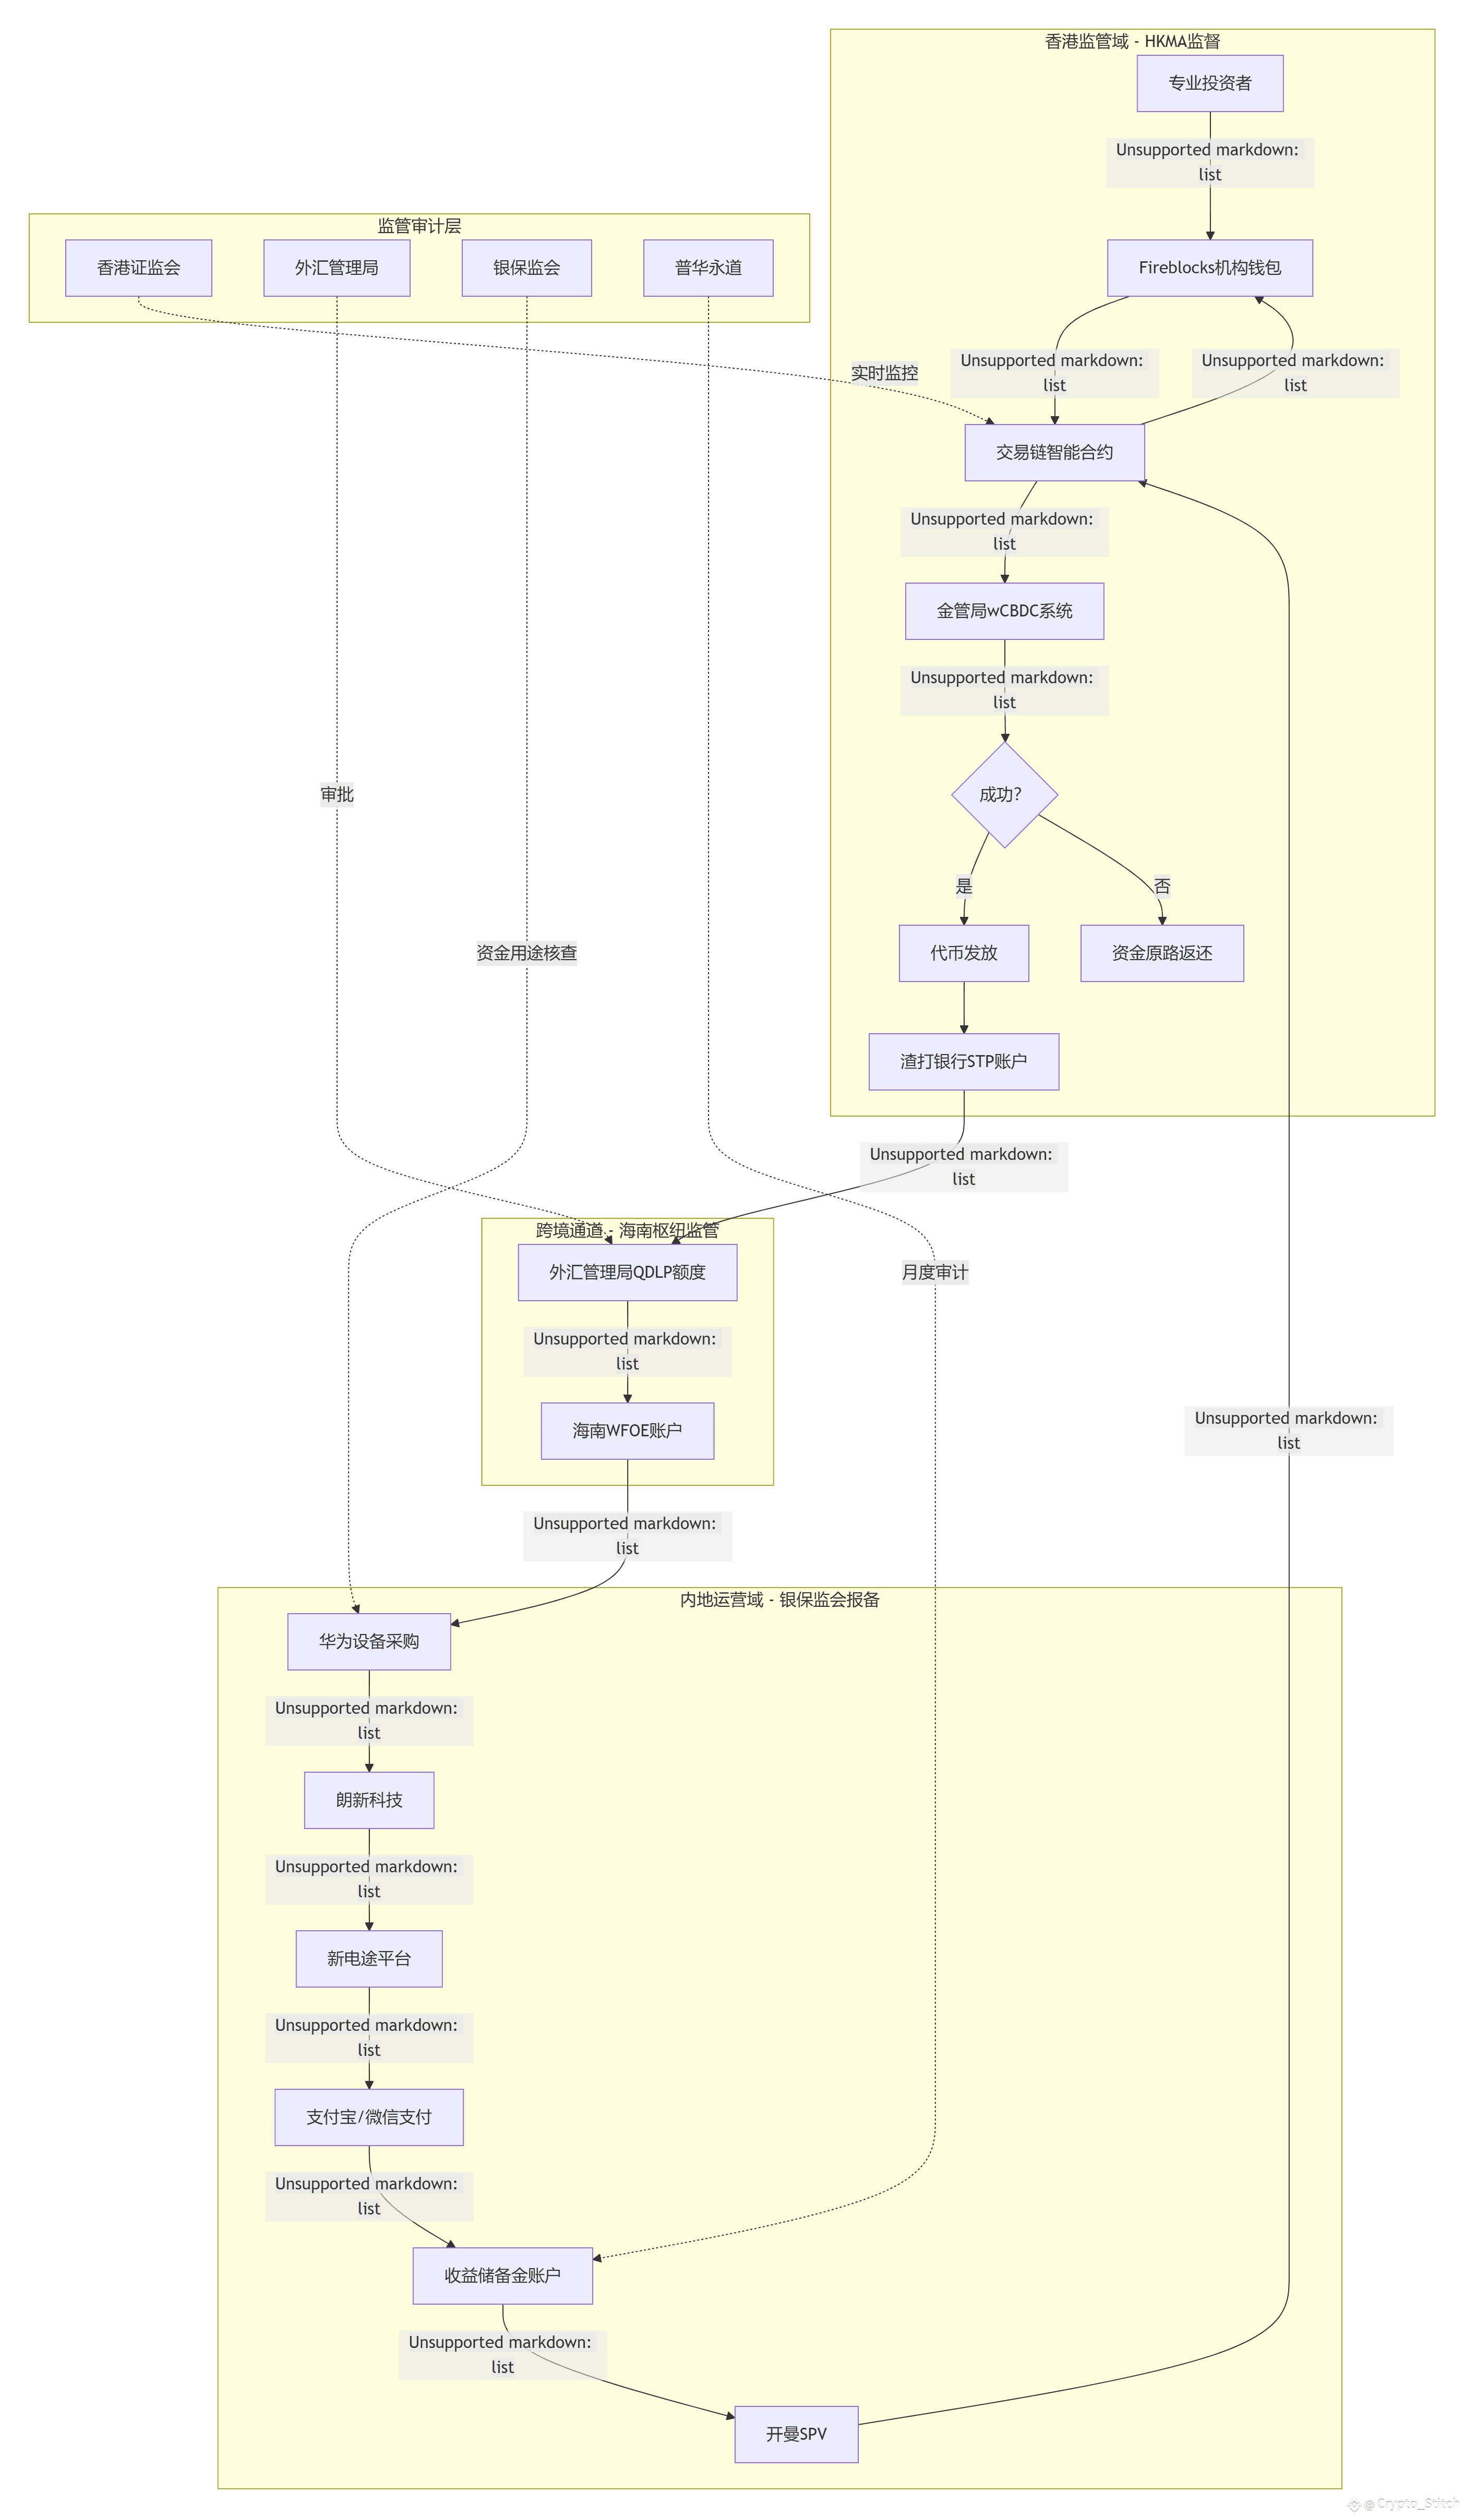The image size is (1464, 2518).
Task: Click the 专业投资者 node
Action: coord(1209,83)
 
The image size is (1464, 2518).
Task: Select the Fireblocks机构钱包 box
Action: coord(1209,268)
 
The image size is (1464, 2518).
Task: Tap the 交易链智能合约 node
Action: coord(1054,453)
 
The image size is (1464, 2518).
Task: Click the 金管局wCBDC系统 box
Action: coord(1004,611)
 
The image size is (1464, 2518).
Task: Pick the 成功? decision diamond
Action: coord(1004,794)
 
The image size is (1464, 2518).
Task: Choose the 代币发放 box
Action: coord(963,953)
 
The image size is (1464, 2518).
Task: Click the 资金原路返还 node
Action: coord(1162,953)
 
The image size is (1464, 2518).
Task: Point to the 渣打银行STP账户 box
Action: coord(963,1061)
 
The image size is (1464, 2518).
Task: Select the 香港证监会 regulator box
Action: coord(139,268)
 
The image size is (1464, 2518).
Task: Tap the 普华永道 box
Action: coord(709,268)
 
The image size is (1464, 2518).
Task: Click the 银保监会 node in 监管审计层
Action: coord(526,268)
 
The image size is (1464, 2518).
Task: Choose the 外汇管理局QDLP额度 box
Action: coord(628,1272)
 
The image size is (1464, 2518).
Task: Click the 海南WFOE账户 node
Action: coord(628,1431)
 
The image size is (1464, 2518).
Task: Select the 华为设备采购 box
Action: coord(369,1642)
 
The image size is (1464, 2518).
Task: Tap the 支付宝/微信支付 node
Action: coord(369,2117)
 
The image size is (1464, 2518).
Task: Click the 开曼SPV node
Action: coord(797,2434)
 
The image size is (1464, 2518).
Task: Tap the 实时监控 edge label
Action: coord(884,373)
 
